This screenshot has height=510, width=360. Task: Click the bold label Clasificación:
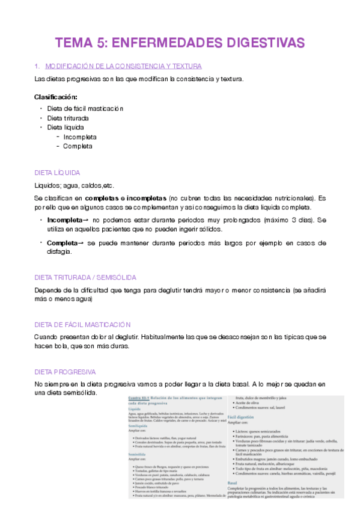click(x=55, y=97)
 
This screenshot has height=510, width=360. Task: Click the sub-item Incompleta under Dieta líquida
click(x=80, y=137)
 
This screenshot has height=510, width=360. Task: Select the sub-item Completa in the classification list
click(x=78, y=146)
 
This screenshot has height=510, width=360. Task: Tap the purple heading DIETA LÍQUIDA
click(x=58, y=172)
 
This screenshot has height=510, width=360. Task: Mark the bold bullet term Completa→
click(x=66, y=243)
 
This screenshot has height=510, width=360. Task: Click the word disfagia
click(x=59, y=252)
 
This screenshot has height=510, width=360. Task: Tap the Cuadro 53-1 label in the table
click(x=140, y=399)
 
